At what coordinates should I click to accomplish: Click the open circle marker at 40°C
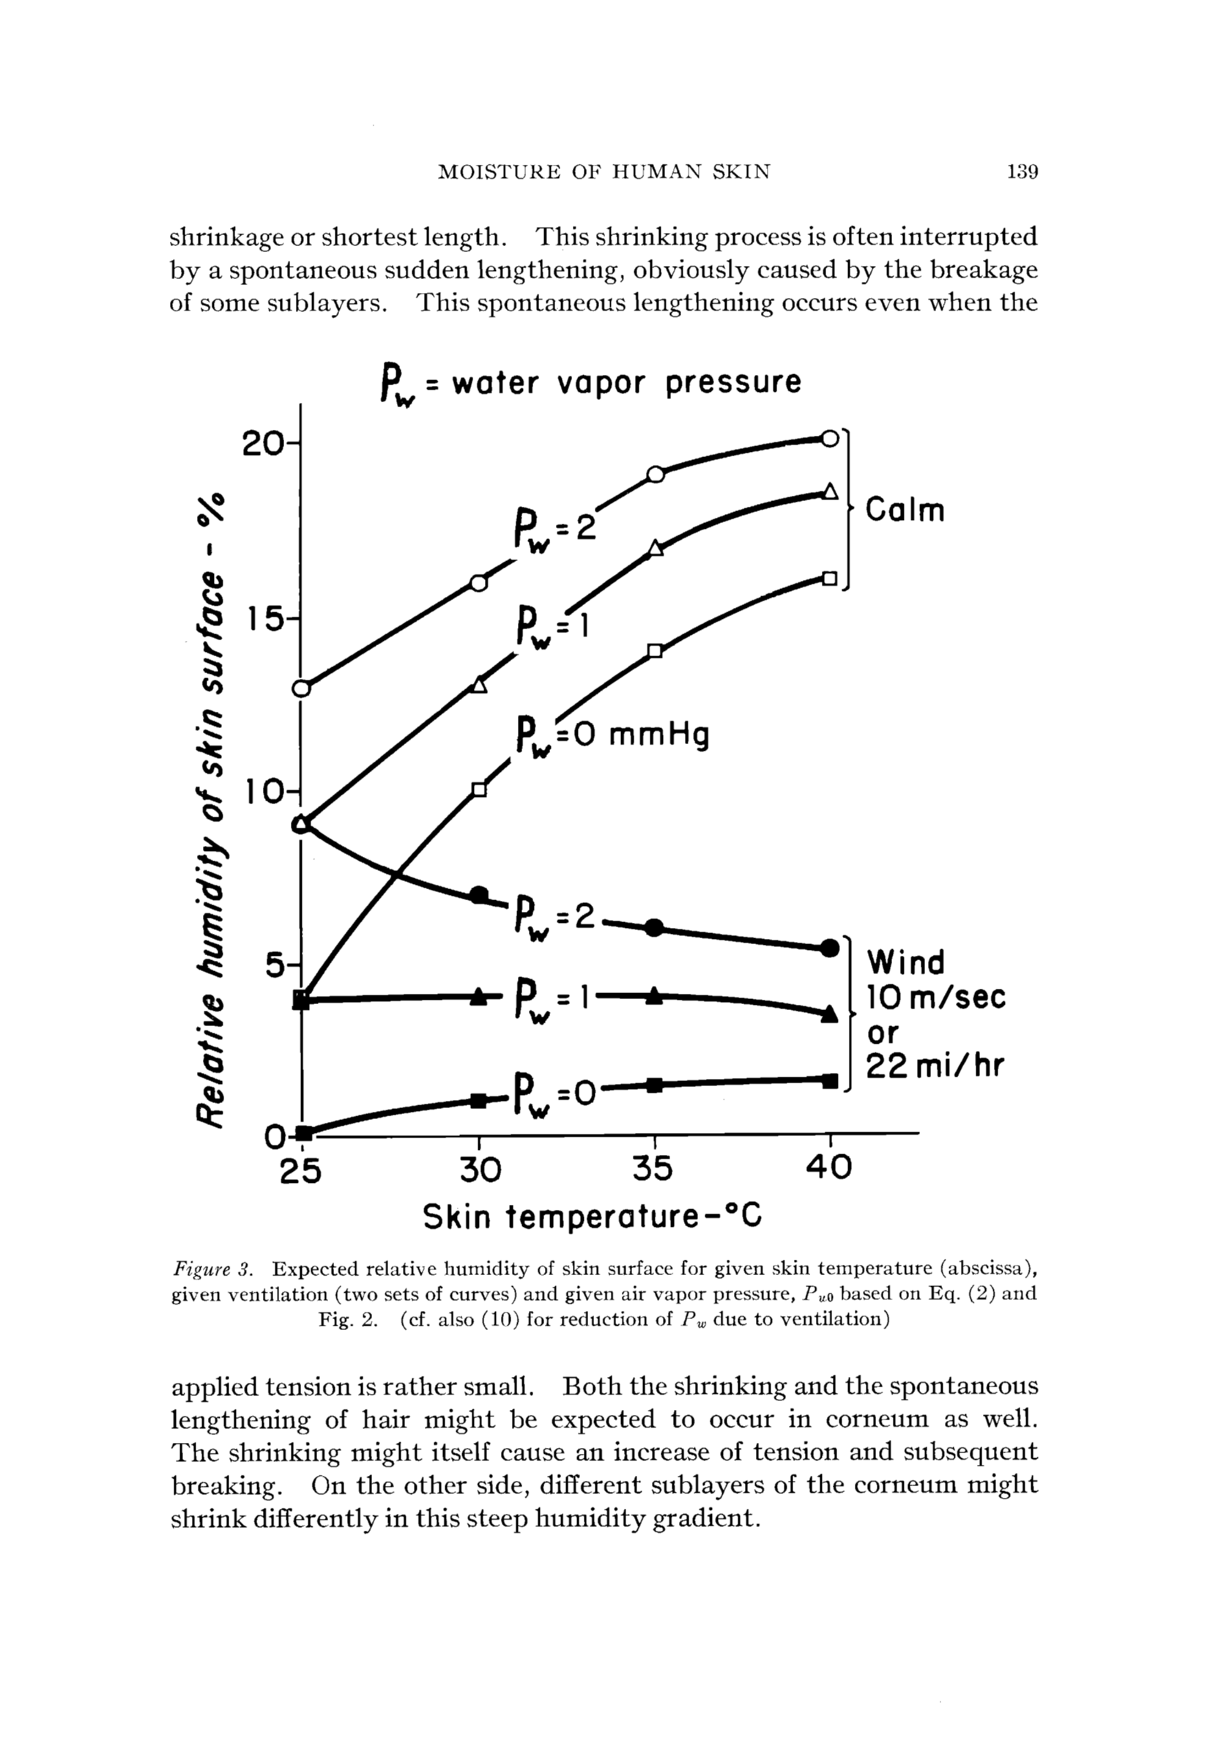click(830, 438)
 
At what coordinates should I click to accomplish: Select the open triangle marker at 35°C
click(656, 549)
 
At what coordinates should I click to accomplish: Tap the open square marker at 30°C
click(479, 790)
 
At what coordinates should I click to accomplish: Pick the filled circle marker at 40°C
click(830, 948)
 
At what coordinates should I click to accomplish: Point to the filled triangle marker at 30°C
click(479, 997)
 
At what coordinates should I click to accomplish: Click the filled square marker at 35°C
click(656, 1085)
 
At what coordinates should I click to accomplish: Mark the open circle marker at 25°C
click(302, 688)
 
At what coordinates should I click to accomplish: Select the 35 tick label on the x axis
click(653, 1169)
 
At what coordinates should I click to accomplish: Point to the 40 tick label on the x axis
click(828, 1169)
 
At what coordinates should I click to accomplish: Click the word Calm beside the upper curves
click(905, 510)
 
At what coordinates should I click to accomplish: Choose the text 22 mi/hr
click(935, 1066)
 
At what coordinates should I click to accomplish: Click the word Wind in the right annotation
click(906, 963)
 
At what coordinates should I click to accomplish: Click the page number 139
click(1022, 172)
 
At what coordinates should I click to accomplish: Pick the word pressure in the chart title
click(733, 383)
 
